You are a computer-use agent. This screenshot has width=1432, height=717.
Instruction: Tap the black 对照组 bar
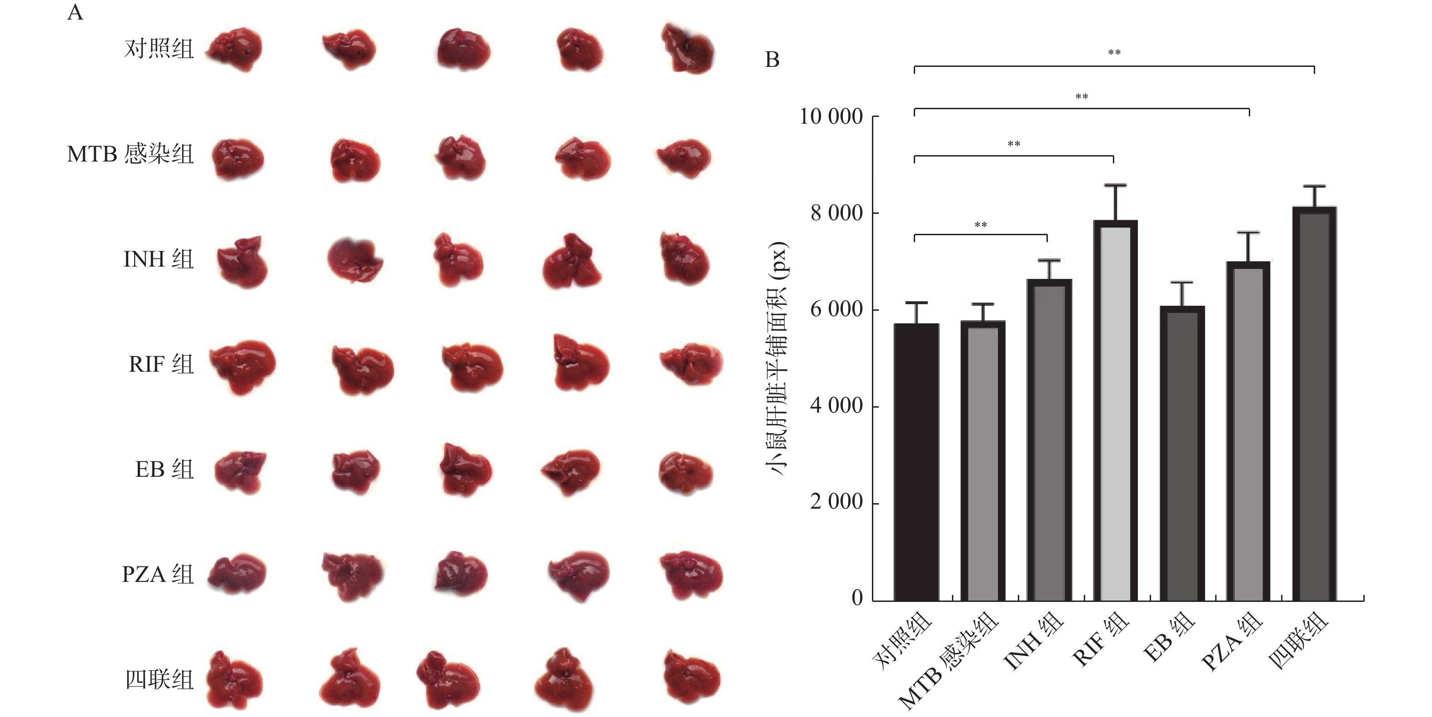(916, 462)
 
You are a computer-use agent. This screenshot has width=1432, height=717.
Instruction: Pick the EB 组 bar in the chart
(1182, 453)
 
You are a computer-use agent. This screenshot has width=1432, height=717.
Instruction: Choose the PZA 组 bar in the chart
(1248, 431)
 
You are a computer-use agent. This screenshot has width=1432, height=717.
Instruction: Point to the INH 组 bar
(1049, 439)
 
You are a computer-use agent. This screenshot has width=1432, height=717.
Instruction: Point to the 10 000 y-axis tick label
(831, 117)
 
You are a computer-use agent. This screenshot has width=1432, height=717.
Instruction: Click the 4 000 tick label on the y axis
(836, 405)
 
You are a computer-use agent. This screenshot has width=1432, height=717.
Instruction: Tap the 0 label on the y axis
(856, 598)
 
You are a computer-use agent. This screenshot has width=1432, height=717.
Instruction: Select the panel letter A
(75, 12)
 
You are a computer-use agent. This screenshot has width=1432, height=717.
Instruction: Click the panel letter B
(772, 60)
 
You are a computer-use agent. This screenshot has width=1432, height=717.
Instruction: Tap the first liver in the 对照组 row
(235, 50)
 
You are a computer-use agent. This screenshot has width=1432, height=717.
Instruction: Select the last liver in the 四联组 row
(691, 679)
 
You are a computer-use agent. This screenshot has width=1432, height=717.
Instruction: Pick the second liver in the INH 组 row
(354, 260)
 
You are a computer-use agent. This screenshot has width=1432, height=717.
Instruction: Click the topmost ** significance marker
(1114, 53)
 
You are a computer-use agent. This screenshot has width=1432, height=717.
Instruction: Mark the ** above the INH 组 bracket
(981, 225)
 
